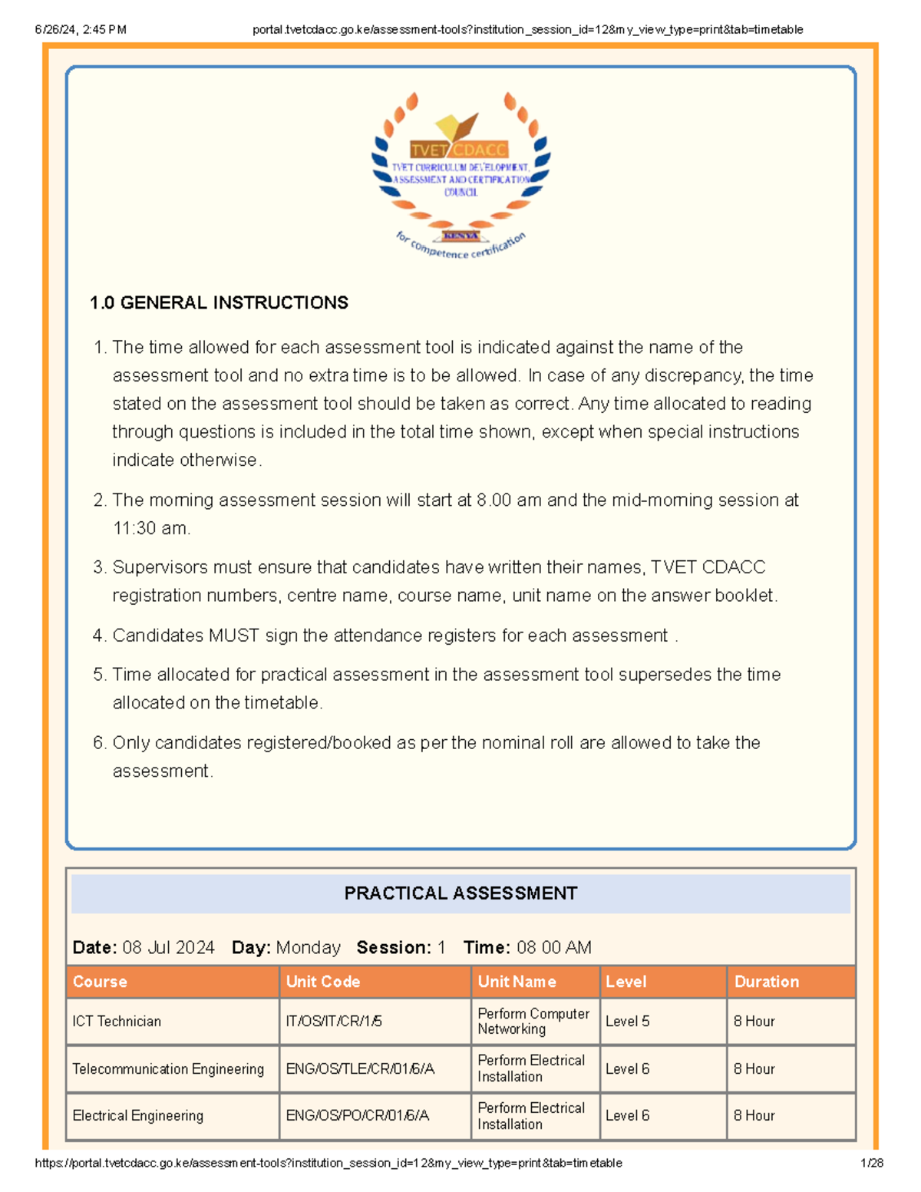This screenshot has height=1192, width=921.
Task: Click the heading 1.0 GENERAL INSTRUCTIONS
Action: [x=219, y=302]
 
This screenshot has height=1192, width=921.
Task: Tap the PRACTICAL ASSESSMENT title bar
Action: [x=460, y=893]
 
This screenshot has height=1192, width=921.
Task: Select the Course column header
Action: [x=100, y=982]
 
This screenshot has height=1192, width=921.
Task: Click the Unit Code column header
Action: [x=322, y=982]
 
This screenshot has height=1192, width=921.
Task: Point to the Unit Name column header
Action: [x=517, y=982]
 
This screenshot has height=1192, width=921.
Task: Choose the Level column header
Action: [x=626, y=982]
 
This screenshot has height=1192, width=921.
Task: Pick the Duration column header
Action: [x=766, y=982]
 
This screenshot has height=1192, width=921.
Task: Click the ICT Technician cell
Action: [x=117, y=1022]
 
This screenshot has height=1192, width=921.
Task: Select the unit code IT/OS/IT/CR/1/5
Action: [x=334, y=1022]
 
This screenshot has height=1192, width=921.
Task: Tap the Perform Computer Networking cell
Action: [x=533, y=1022]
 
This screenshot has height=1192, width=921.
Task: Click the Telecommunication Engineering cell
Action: [x=168, y=1069]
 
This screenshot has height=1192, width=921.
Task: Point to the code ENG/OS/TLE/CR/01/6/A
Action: [x=360, y=1069]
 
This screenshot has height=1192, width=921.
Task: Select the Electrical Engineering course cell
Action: [x=138, y=1116]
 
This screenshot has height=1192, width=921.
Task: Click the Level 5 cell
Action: [x=627, y=1022]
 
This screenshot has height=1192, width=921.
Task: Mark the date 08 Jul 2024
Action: [x=168, y=948]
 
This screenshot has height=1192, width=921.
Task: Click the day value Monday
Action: [x=308, y=948]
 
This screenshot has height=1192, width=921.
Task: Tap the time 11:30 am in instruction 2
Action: [x=150, y=528]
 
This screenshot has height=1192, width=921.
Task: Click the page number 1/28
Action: [x=872, y=1163]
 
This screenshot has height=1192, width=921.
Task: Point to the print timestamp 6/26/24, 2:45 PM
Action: [x=81, y=30]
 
